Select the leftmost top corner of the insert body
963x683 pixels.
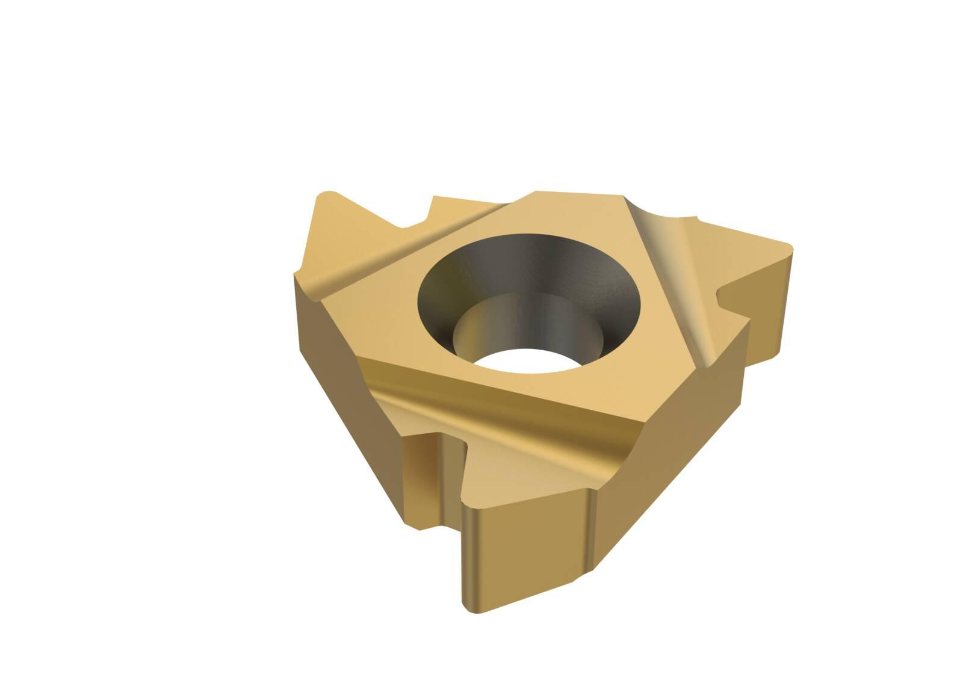(x=295, y=274)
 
